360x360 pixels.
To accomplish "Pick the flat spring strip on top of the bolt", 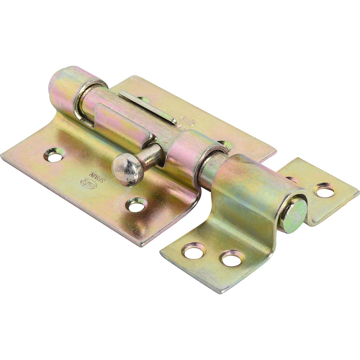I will pos(147,106).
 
